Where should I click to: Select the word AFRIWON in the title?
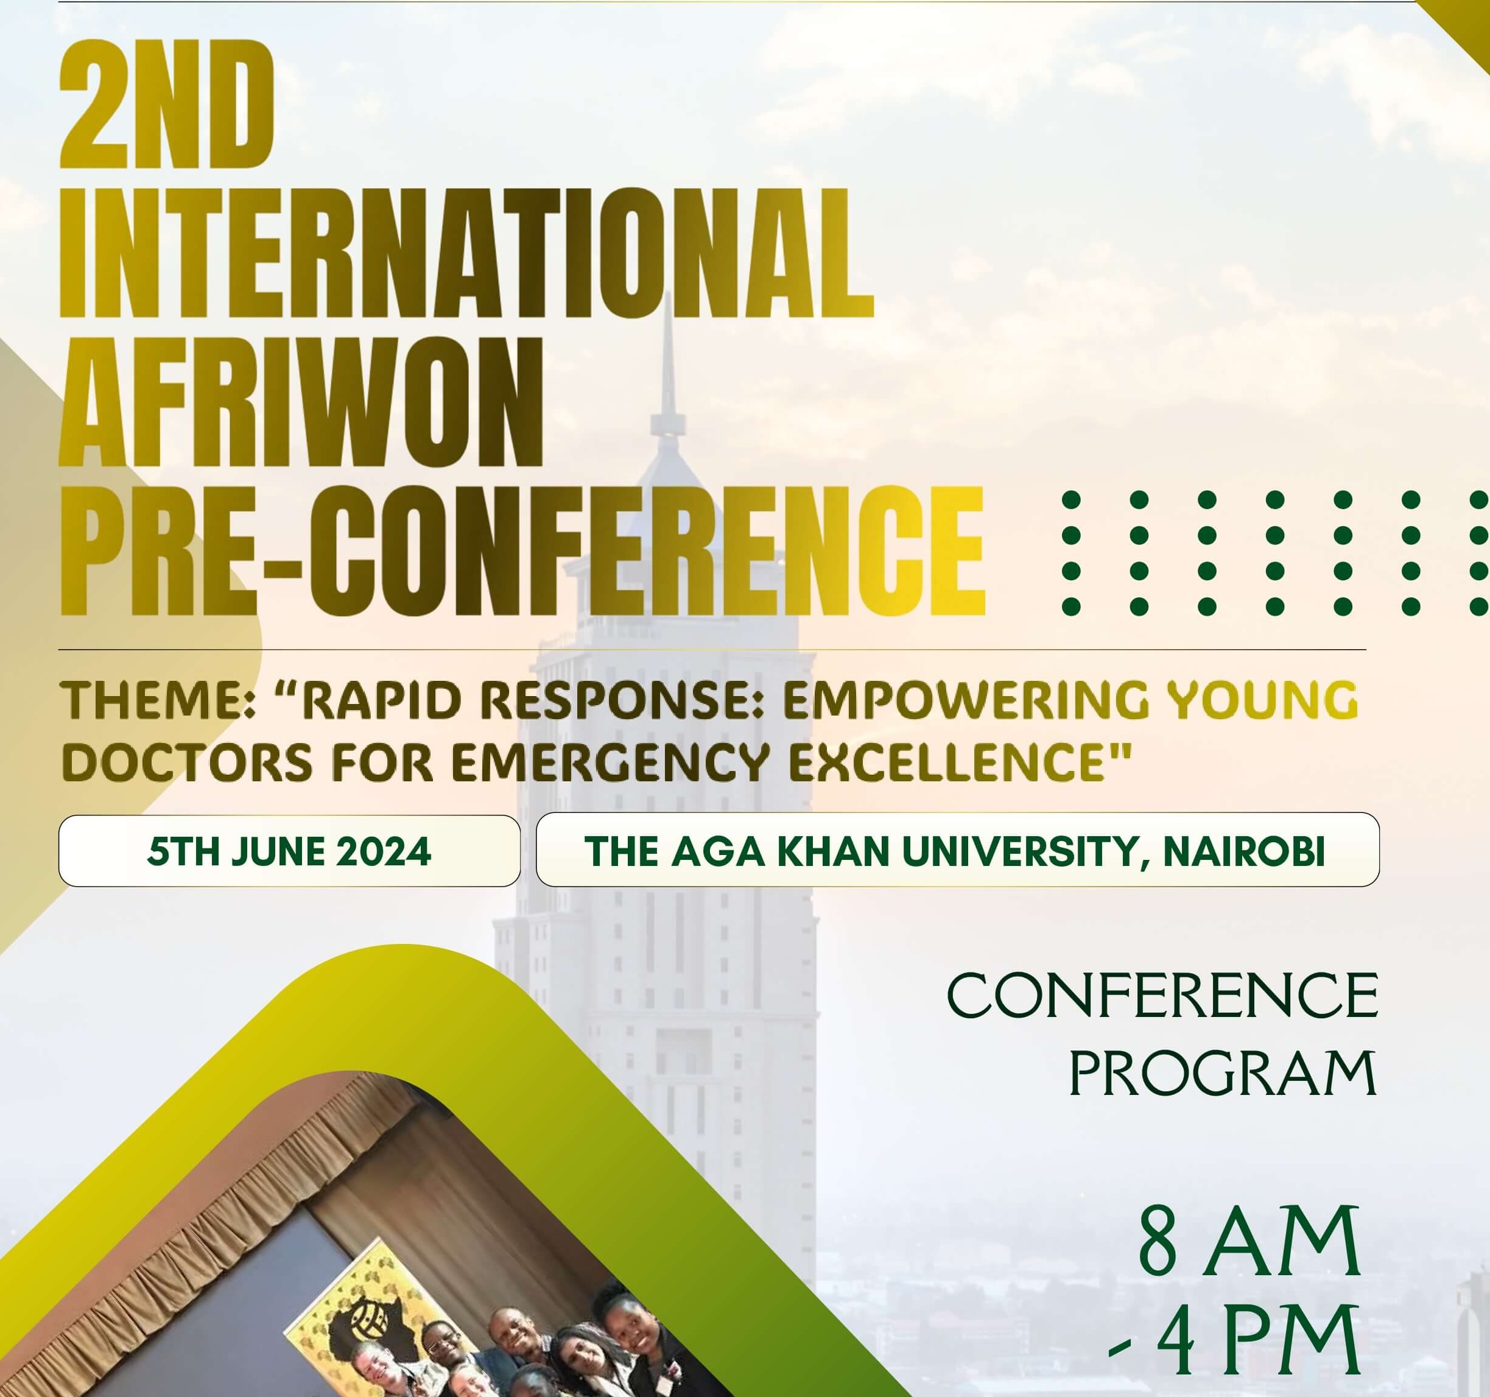pyautogui.click(x=301, y=402)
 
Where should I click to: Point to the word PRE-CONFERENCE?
pyautogui.click(x=522, y=552)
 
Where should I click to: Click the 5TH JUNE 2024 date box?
pyautogui.click(x=289, y=851)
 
